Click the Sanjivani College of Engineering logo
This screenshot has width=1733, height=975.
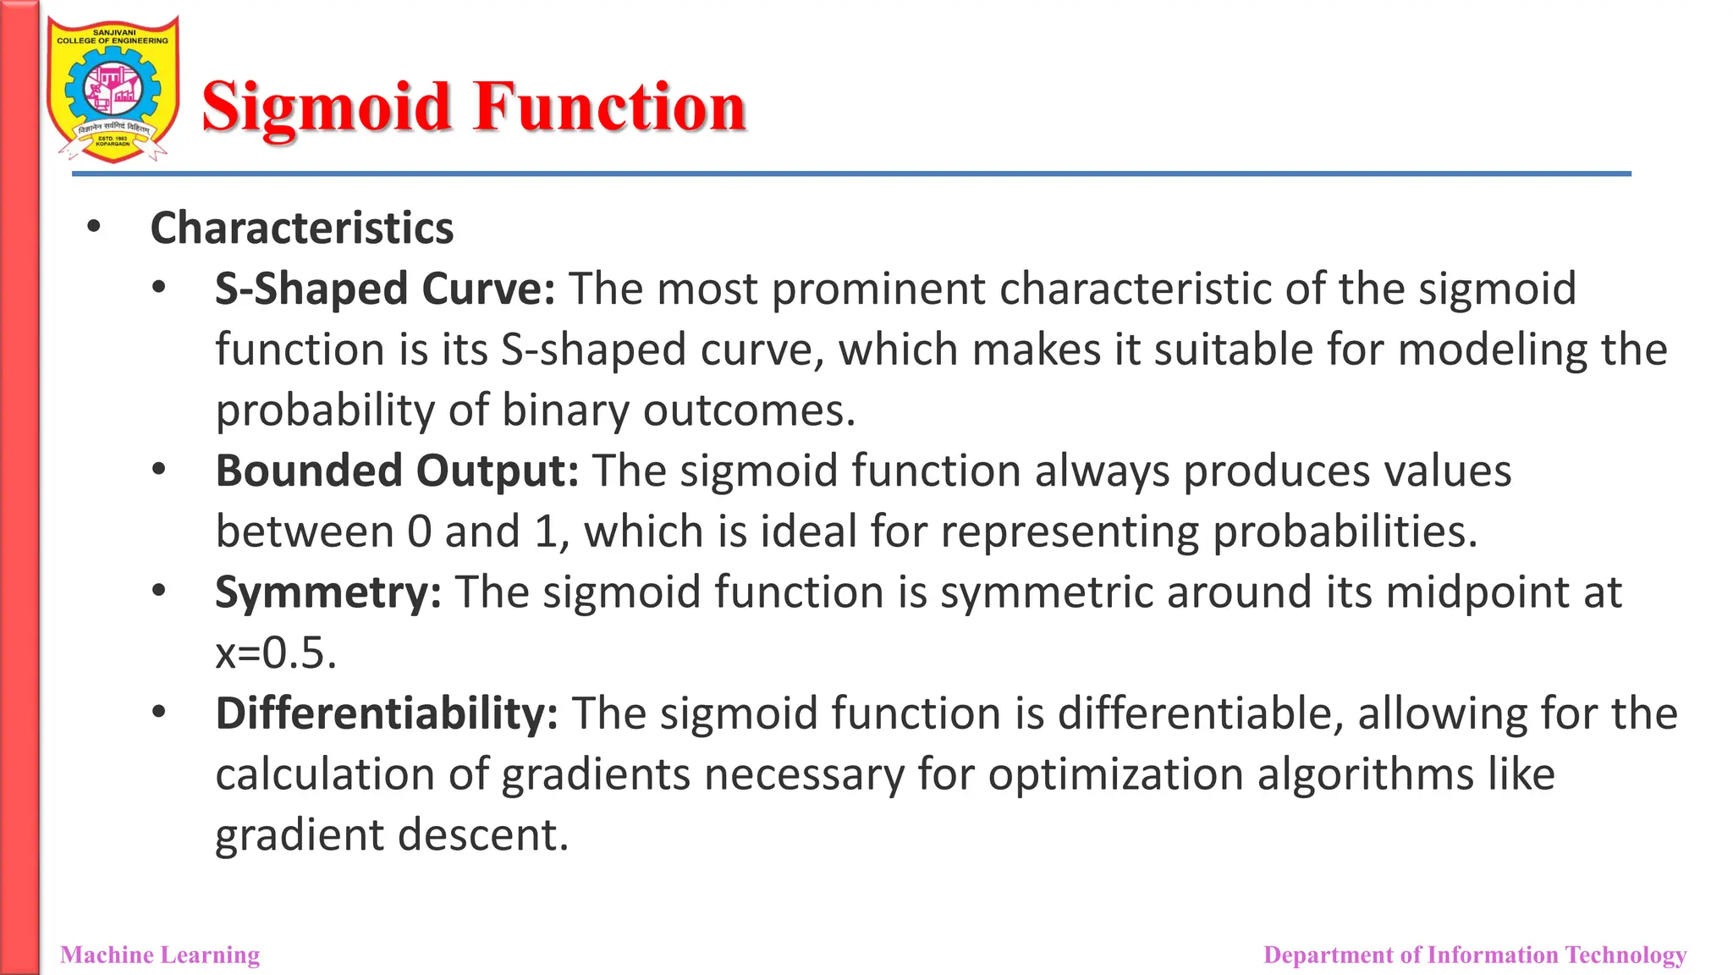coord(113,90)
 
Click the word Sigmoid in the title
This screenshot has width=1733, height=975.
coord(327,107)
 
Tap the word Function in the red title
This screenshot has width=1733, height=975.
coord(609,107)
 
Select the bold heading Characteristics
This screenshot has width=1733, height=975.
coord(302,229)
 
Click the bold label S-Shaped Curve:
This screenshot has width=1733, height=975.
coord(385,289)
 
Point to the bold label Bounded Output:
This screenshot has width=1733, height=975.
coord(397,471)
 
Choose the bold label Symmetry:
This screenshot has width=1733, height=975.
coord(328,592)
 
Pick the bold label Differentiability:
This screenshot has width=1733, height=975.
coord(387,713)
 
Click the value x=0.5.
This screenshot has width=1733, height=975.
coord(276,653)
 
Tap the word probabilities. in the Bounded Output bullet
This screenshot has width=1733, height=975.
coord(1345,532)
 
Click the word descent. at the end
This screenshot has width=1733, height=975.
coord(483,835)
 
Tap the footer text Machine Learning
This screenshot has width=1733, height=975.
coord(160,955)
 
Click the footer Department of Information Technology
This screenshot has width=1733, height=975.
coord(1474,955)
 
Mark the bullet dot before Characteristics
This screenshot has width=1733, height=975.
coord(94,227)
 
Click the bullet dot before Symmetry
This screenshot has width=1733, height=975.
coord(159,591)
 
